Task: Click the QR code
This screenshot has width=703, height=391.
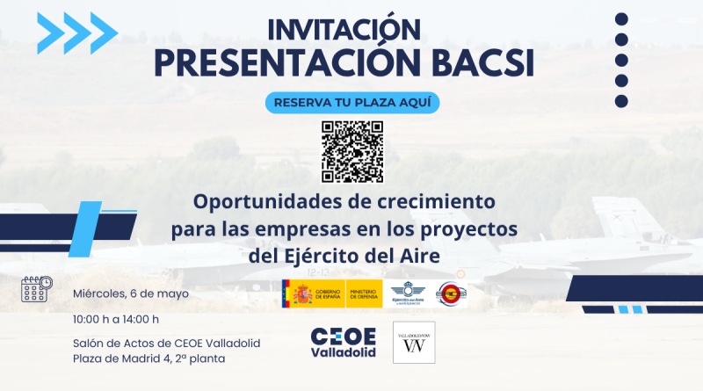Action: (352, 150)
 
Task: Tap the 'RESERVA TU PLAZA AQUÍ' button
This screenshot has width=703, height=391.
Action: (352, 102)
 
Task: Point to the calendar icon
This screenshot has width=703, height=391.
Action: (37, 289)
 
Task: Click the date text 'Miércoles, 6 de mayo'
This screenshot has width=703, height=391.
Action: (131, 293)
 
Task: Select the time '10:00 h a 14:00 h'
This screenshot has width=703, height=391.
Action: (117, 318)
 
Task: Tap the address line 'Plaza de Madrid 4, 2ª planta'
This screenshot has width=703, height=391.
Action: (155, 358)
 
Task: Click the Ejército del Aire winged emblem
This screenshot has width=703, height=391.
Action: (407, 293)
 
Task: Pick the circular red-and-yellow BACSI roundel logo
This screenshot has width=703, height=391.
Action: (452, 293)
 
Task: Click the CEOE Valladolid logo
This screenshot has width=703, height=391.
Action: (344, 343)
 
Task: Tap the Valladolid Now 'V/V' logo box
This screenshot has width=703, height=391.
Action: (413, 343)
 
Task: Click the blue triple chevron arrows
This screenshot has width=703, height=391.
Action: (77, 33)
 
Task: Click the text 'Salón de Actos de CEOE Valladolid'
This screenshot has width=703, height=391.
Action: (167, 342)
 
